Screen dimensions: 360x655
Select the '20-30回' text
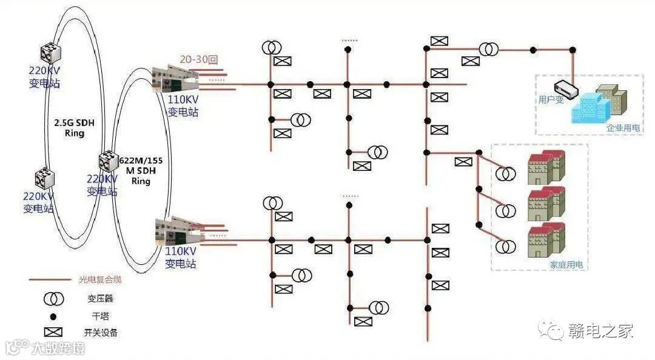[198, 59]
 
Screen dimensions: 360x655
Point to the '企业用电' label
[623, 128]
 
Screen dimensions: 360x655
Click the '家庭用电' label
[566, 265]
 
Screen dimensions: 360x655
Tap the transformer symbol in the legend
[53, 298]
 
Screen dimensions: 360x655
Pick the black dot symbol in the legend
[53, 316]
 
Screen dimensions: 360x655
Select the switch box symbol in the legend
[53, 332]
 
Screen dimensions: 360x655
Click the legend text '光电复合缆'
[100, 280]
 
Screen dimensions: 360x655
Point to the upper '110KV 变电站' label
[182, 106]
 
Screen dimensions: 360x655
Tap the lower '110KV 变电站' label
[181, 258]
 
